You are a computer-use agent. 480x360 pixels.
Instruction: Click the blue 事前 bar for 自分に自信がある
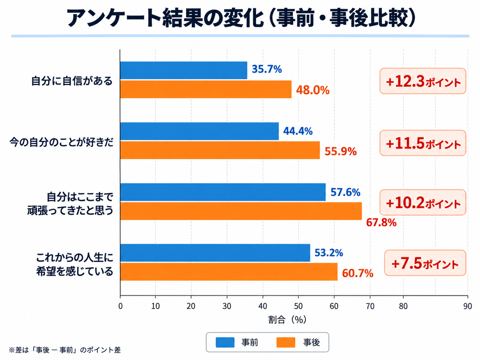tap(184, 70)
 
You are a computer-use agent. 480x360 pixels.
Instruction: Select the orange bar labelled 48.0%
tap(206, 89)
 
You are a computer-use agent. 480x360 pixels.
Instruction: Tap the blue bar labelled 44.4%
tap(200, 131)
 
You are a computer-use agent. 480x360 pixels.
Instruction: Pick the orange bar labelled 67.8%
tap(241, 211)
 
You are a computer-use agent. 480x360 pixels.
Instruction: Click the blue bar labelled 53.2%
tap(215, 253)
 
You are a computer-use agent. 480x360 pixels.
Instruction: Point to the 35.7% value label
tap(267, 69)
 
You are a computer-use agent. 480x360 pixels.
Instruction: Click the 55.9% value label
tap(340, 151)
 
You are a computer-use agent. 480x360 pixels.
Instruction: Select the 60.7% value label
tap(358, 273)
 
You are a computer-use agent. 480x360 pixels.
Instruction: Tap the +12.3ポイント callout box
tap(423, 81)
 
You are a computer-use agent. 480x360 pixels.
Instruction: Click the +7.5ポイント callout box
tap(425, 263)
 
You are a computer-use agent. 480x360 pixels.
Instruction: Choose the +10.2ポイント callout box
tap(423, 203)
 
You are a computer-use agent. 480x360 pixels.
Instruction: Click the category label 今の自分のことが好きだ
tap(61, 143)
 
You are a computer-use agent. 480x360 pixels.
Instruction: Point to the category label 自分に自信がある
tap(72, 81)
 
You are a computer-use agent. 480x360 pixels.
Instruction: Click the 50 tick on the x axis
tap(298, 306)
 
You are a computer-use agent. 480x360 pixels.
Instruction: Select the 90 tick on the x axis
tap(467, 306)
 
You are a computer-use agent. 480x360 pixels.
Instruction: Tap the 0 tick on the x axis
tap(120, 306)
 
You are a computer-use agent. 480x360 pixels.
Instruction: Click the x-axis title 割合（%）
tap(287, 320)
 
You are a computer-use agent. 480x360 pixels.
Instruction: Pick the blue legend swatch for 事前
tap(225, 342)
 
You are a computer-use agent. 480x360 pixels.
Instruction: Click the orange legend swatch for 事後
tap(286, 342)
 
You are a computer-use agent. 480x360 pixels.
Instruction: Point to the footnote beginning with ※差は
tap(65, 350)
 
